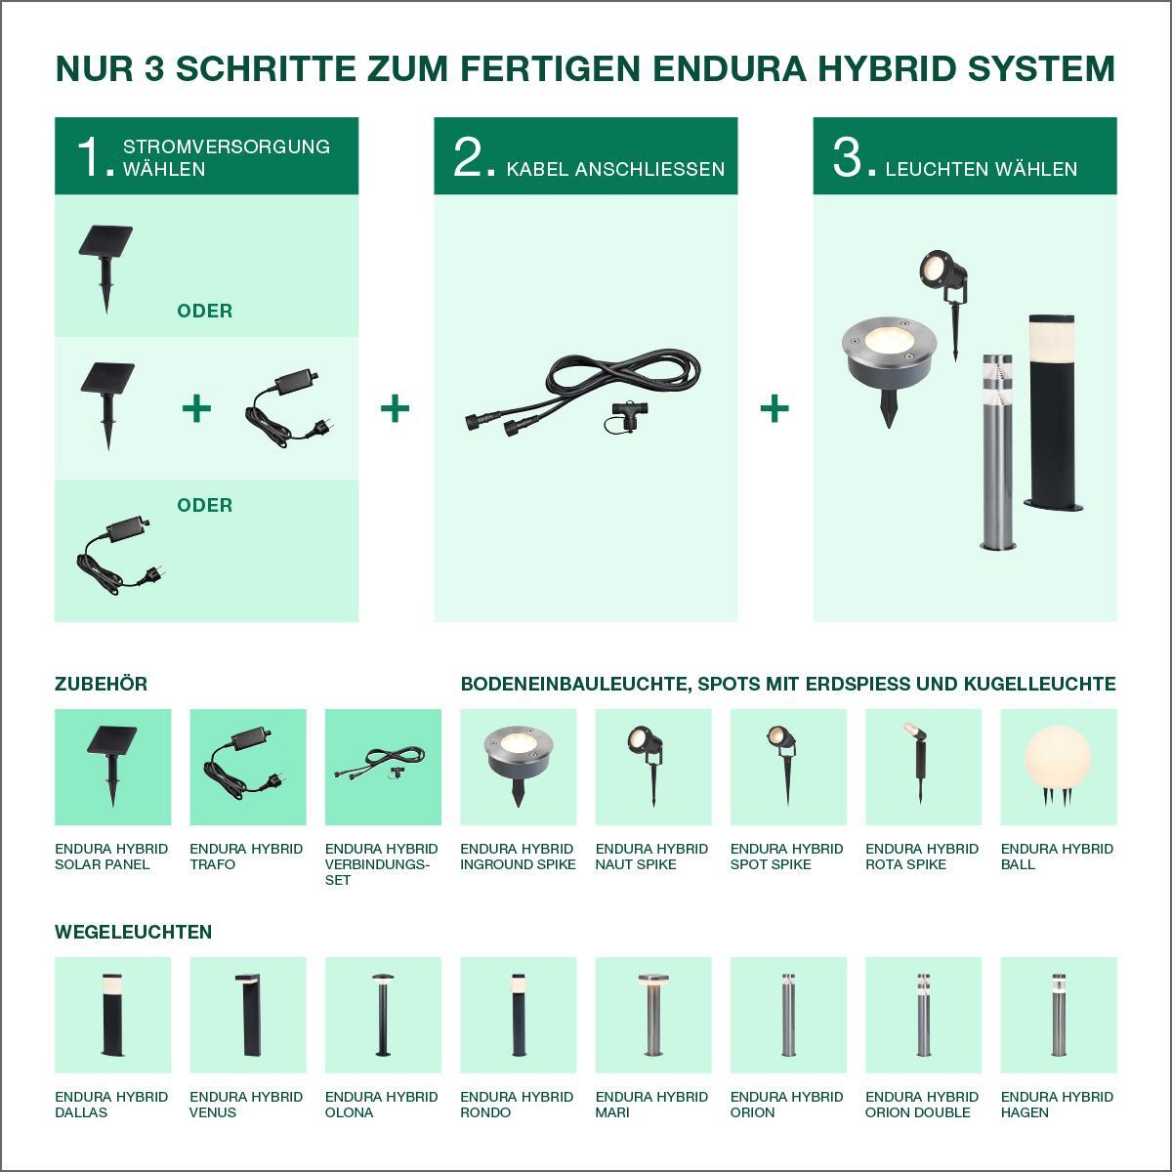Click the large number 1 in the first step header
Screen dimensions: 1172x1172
click(90, 157)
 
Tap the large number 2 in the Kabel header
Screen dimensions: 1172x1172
click(468, 157)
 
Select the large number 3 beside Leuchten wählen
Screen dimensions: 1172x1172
click(847, 157)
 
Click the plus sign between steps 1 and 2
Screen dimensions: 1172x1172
click(395, 408)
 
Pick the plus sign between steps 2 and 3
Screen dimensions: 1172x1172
click(774, 408)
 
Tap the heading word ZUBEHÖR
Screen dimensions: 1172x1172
click(101, 685)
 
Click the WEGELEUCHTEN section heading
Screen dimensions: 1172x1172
click(133, 932)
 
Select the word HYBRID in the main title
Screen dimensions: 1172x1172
click(888, 68)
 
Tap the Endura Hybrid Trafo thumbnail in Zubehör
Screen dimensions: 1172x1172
click(247, 767)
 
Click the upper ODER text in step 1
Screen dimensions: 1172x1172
click(204, 311)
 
